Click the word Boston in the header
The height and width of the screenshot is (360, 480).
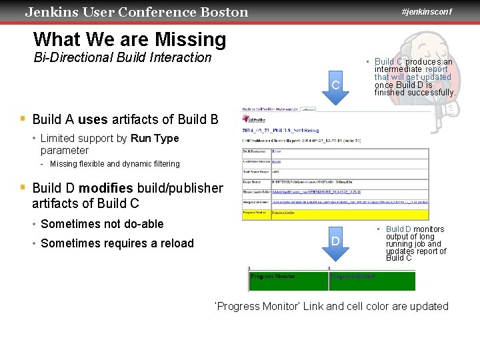(x=224, y=12)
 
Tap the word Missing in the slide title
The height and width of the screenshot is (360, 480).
(x=193, y=40)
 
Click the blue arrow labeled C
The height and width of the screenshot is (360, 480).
(x=335, y=85)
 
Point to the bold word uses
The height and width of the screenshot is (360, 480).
(x=93, y=119)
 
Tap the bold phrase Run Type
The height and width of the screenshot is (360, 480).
(x=155, y=139)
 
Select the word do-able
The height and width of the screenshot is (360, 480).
(x=139, y=224)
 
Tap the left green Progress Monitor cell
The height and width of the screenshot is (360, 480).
(x=288, y=281)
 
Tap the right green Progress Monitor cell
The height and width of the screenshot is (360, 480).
(x=372, y=281)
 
